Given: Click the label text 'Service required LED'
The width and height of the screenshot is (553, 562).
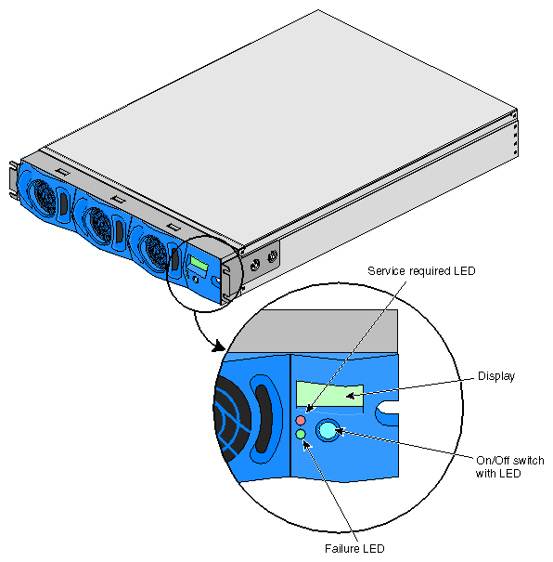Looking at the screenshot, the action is [421, 271].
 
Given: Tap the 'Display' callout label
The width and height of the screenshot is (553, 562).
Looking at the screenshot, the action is [496, 376].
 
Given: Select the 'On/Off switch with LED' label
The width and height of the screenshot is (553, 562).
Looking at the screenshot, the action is [509, 466].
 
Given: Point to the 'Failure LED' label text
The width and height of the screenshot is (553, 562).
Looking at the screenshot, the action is [354, 548].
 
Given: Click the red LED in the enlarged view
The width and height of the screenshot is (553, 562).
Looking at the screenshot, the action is [301, 420].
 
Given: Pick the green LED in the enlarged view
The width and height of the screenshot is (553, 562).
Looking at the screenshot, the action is [301, 435].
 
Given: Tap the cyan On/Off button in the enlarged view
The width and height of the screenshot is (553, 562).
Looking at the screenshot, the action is [328, 430].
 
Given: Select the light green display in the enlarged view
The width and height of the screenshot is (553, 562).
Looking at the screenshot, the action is [329, 394].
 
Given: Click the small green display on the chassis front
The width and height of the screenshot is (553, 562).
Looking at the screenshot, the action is [199, 264].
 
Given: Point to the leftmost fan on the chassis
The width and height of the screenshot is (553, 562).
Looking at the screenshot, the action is [44, 198].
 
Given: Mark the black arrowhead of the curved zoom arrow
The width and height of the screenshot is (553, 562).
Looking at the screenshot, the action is [218, 346].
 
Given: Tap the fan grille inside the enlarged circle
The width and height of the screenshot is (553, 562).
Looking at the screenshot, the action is [233, 419].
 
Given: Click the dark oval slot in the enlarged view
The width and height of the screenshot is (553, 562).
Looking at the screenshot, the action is [264, 419].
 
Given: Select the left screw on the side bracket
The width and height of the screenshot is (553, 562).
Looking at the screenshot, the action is [255, 266].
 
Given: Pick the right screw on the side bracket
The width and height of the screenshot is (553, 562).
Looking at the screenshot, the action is [273, 255].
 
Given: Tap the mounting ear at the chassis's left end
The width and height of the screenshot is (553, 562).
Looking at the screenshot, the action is [14, 179].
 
